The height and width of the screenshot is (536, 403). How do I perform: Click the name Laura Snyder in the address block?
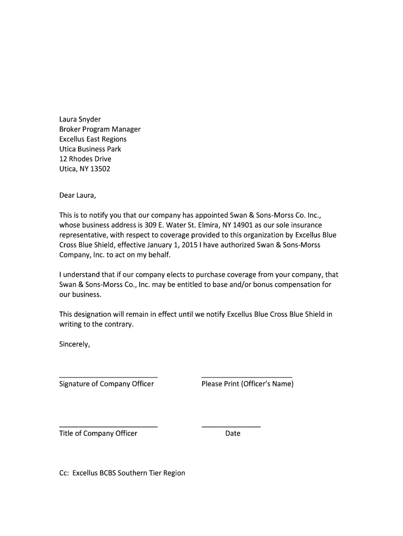point(80,119)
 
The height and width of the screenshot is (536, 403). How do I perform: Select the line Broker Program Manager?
point(99,129)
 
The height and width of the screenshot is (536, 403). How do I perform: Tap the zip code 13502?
point(100,169)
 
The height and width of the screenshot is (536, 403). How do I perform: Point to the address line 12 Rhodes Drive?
point(85,159)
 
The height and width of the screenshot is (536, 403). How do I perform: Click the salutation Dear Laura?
point(78,195)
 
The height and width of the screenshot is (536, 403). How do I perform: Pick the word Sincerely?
point(75,344)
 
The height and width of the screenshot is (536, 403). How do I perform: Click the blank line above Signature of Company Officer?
point(108,377)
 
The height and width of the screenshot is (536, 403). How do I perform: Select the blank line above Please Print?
point(247,377)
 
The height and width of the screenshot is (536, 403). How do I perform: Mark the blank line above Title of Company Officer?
point(108,426)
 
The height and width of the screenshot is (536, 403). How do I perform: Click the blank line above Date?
point(231,426)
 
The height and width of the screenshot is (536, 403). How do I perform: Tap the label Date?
point(233,433)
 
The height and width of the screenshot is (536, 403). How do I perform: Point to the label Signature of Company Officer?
point(106,384)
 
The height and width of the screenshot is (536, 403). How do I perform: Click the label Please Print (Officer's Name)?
point(248,384)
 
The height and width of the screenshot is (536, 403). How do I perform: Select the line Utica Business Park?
point(90,149)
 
